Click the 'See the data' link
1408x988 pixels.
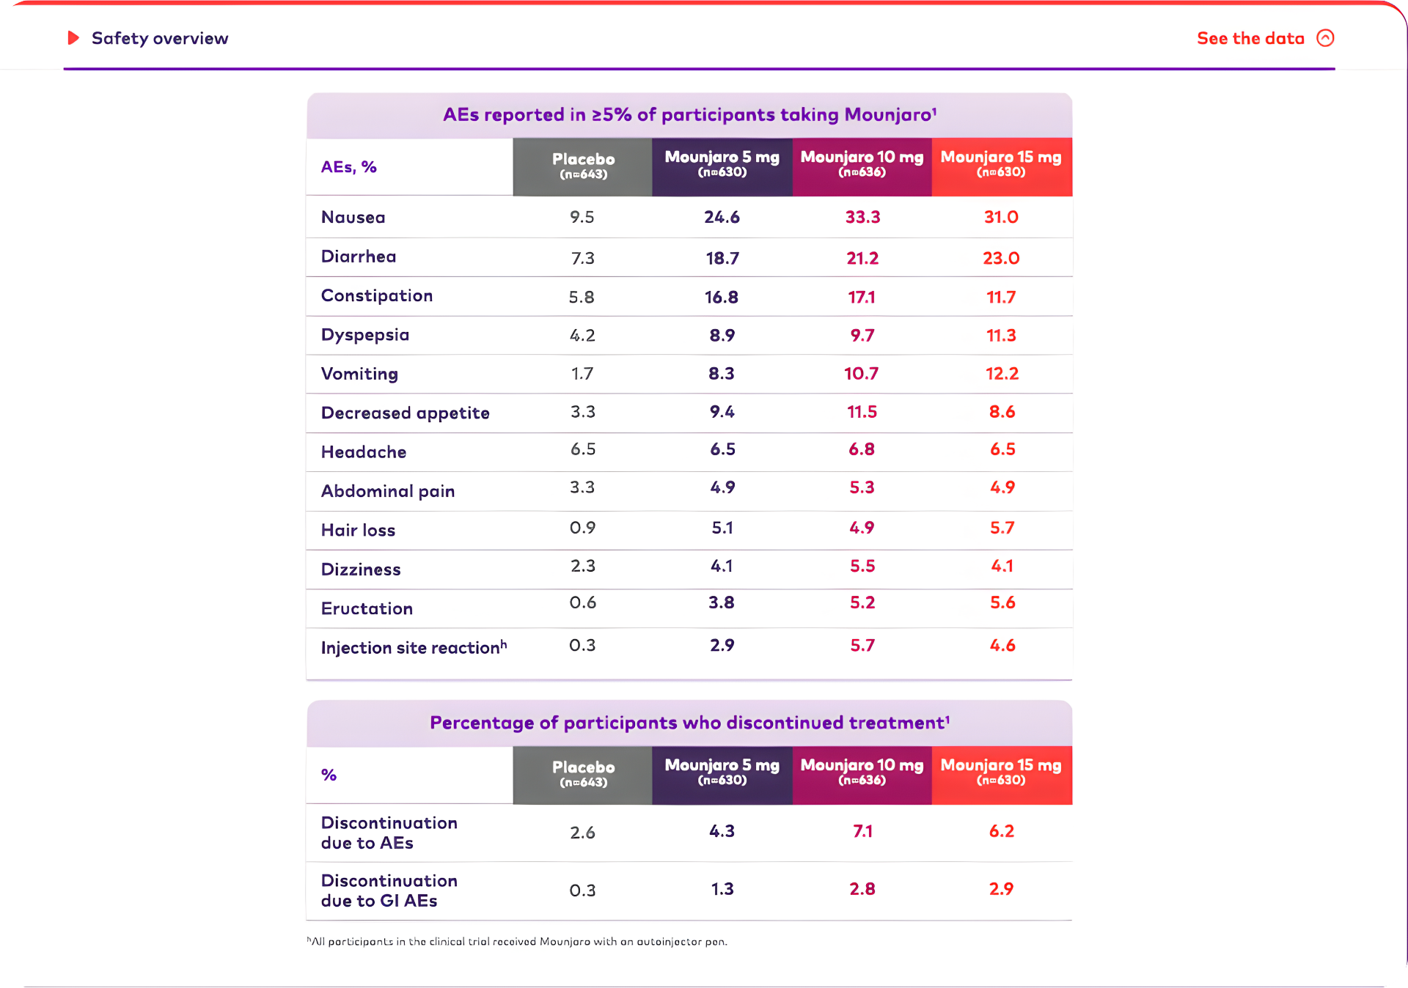coord(1250,38)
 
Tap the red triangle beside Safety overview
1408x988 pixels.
coord(73,37)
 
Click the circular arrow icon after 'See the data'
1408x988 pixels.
coord(1325,38)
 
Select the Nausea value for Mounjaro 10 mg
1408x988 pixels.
coord(862,217)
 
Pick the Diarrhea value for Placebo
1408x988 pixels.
coord(582,258)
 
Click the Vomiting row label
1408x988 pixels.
coord(359,374)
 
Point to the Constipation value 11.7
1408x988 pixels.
coord(1001,297)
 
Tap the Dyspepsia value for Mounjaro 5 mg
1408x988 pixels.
coord(722,335)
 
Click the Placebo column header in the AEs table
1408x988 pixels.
coord(583,166)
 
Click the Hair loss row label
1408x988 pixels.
coord(358,530)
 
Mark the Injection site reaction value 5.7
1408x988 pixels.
coord(862,646)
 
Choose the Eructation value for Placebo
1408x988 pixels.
coord(582,602)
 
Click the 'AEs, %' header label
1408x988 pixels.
coord(348,167)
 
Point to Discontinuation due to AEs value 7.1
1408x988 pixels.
coord(862,831)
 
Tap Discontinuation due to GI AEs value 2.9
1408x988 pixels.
coord(1001,889)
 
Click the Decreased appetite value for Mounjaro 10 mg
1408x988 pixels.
coord(862,412)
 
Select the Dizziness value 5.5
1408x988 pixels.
coord(862,566)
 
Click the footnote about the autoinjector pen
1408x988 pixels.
coord(517,941)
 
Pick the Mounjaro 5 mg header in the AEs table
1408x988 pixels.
coord(722,165)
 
